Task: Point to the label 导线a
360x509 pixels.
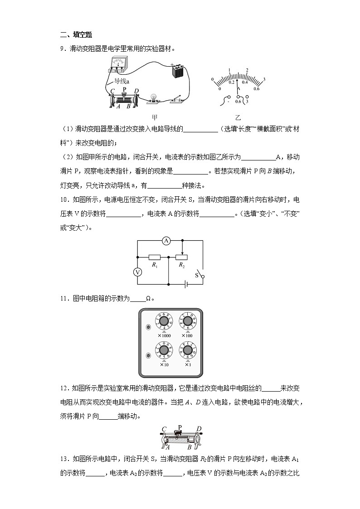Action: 122,82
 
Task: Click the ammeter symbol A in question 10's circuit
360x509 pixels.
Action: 166,241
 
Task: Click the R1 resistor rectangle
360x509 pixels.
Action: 155,257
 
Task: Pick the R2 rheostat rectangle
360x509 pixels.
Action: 182,257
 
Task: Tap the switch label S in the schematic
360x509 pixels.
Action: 197,275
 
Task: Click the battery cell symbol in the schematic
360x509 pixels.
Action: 185,284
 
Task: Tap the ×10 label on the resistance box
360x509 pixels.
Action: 164,364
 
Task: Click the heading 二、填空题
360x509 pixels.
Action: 76,35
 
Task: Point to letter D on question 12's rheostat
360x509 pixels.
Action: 199,429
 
